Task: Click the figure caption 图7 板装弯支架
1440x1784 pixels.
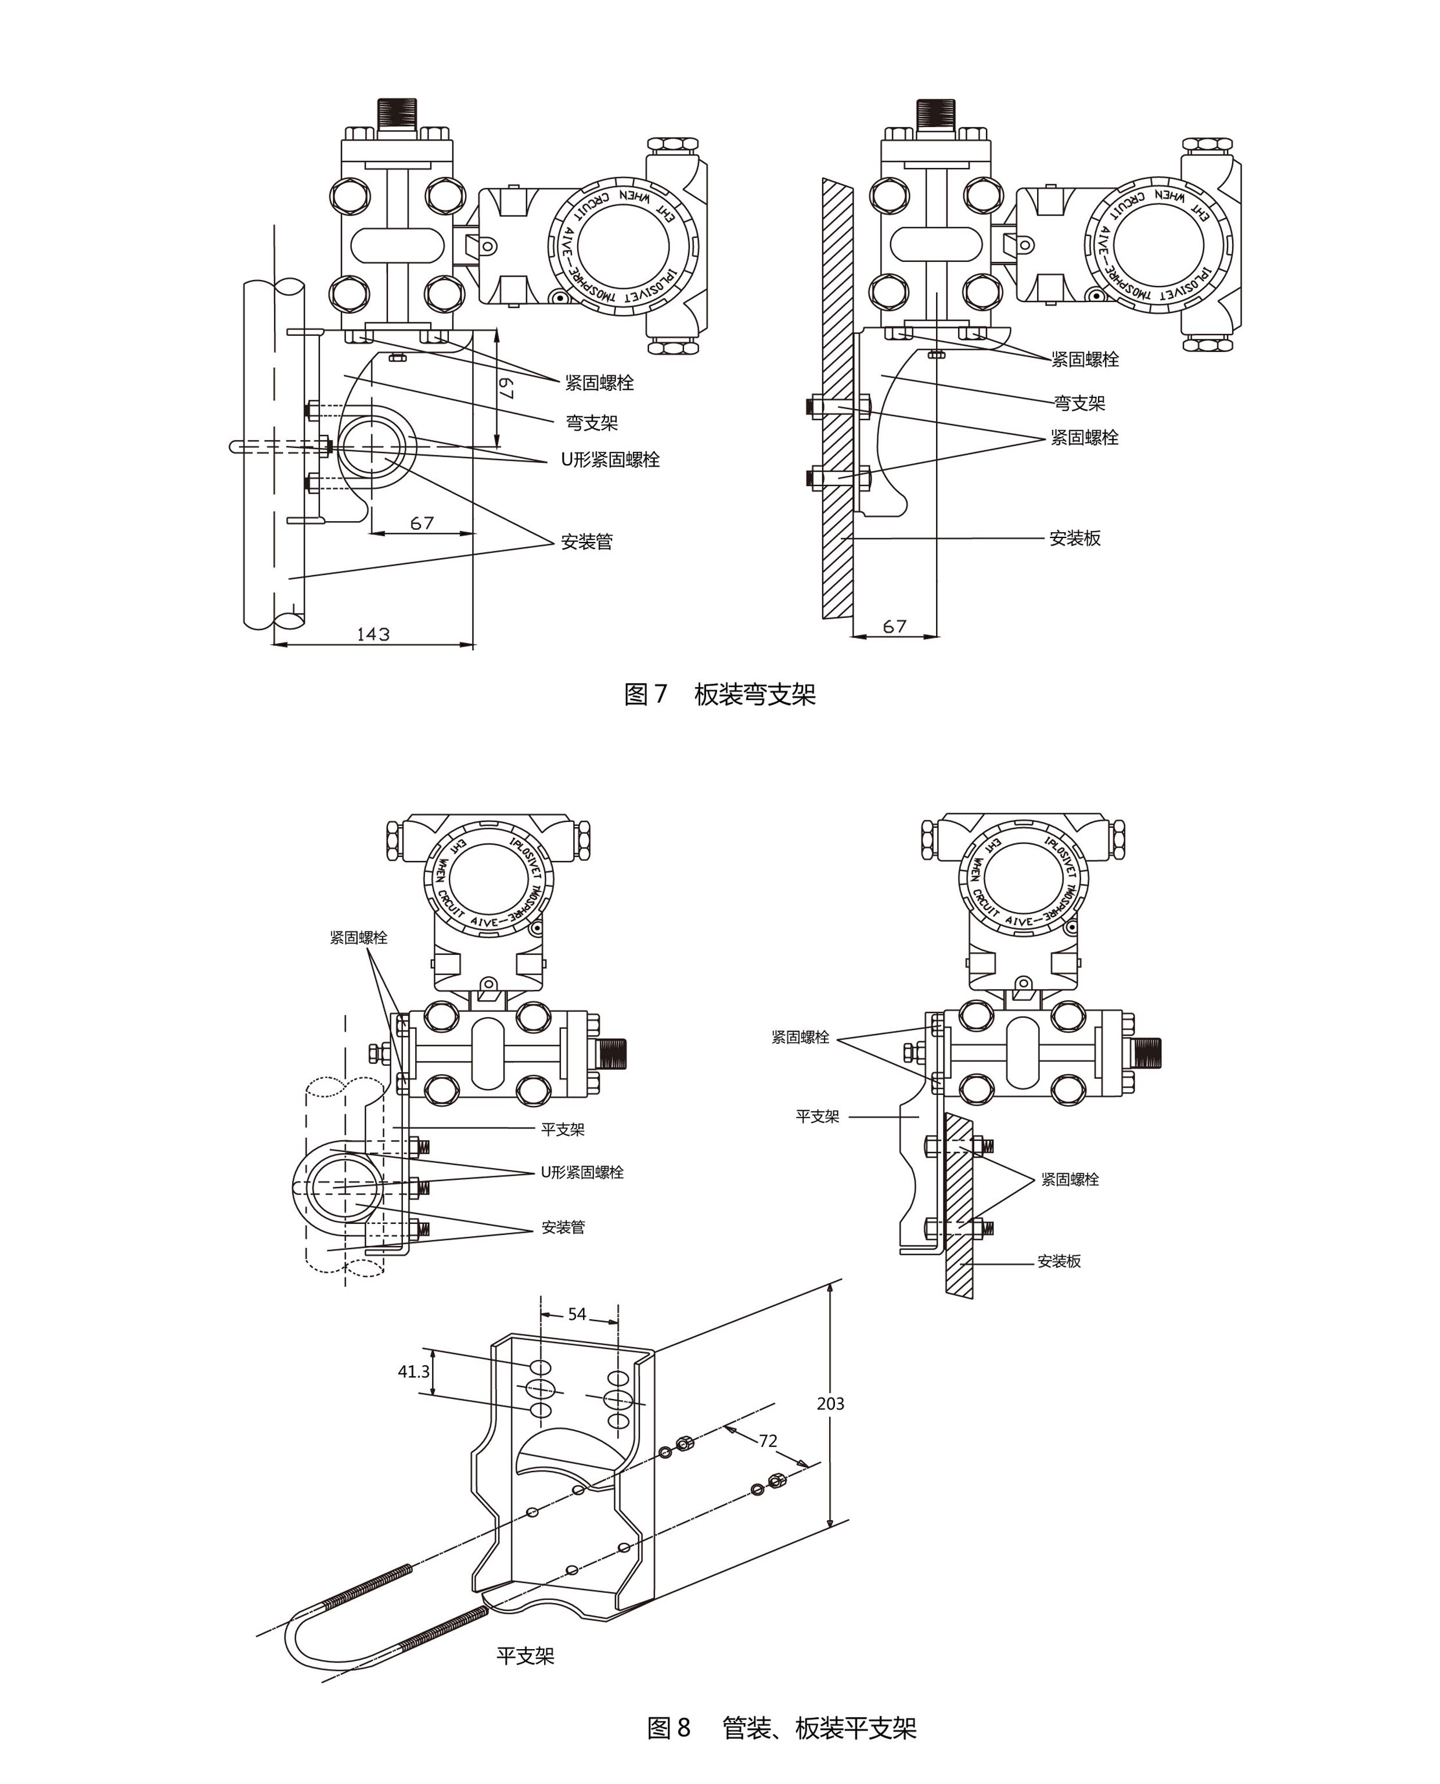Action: pos(720,694)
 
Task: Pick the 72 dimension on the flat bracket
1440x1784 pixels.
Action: pos(768,1441)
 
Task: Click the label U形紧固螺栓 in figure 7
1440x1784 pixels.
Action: pos(610,460)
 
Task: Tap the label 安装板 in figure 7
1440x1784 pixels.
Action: pos(1075,538)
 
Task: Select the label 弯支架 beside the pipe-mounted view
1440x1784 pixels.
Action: pos(592,423)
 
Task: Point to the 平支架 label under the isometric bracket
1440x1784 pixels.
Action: pos(525,1656)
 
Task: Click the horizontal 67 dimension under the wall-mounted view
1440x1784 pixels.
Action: pos(894,626)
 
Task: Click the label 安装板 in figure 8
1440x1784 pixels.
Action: pos(1059,1261)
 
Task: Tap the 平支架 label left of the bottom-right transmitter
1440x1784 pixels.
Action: pos(817,1117)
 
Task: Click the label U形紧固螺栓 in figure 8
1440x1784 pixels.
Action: pos(582,1172)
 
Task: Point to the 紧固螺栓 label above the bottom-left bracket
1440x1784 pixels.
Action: pos(358,938)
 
